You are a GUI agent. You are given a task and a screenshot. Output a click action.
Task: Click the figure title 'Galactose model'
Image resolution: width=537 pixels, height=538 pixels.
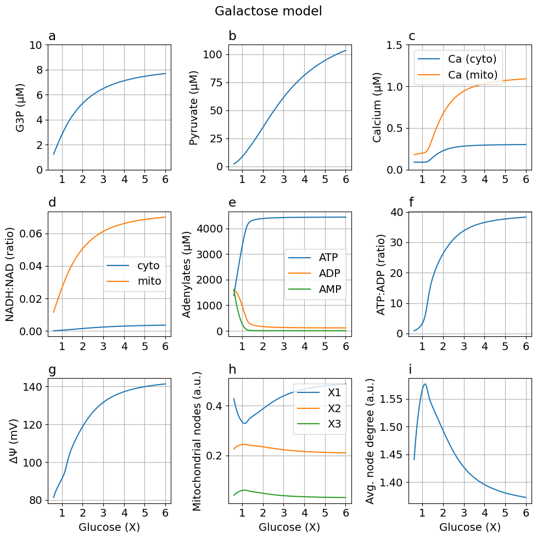[268, 11]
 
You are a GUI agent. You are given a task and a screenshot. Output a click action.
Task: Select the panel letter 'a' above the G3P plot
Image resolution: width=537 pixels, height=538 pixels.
[52, 37]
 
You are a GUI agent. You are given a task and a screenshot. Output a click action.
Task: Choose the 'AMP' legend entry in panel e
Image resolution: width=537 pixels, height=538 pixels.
[329, 289]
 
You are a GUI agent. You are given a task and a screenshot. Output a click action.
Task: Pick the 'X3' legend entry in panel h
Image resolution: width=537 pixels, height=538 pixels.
[334, 423]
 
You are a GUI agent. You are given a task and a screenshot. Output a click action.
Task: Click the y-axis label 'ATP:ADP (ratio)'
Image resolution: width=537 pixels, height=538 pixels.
[381, 274]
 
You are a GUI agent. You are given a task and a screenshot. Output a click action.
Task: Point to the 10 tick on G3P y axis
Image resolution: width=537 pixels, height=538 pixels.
[35, 45]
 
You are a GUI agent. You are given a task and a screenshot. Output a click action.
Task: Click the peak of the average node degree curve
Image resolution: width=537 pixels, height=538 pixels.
[424, 384]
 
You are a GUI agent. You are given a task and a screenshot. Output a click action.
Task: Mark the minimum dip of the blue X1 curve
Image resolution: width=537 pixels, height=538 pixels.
[244, 423]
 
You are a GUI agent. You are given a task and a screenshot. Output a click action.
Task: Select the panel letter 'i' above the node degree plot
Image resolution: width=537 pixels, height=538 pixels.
[411, 370]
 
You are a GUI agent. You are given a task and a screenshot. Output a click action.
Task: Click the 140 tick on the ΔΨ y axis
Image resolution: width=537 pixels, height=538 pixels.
[32, 387]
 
